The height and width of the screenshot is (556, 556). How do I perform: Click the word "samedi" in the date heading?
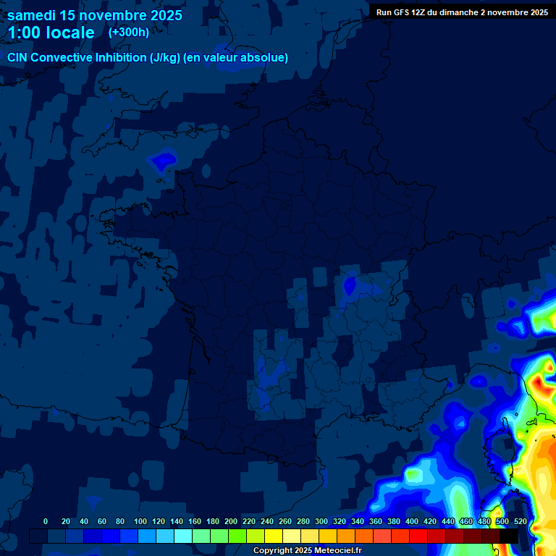pos(32,15)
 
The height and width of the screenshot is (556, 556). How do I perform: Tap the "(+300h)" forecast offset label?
pos(129,32)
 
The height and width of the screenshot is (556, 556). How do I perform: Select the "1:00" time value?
pos(24,33)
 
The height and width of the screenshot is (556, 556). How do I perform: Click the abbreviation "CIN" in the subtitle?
pos(18,58)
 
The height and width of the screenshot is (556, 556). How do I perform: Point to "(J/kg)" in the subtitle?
pos(167,58)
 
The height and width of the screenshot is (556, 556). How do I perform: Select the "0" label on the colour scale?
pos(46,521)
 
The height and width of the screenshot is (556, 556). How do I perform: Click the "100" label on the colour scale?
pos(140,521)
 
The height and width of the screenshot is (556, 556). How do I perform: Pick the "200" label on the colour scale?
pos(231,521)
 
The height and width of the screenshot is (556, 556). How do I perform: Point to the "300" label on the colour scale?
pos(321,521)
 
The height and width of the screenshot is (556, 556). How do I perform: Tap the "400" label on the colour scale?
pos(412,521)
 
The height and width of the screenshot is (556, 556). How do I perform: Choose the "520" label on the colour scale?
pos(520,521)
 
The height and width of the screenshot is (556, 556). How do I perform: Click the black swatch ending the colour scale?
pos(509,536)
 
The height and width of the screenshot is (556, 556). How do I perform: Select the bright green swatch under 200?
pos(237,536)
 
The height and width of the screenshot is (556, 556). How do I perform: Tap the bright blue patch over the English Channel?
pos(164,161)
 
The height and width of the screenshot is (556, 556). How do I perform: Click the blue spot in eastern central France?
pos(350,285)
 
